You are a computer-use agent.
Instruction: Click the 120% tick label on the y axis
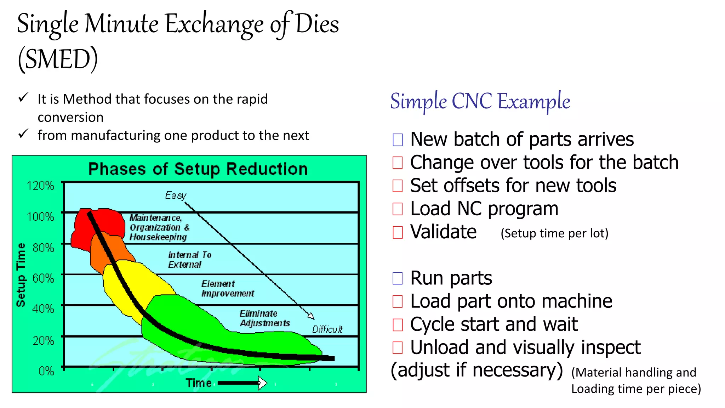point(41,186)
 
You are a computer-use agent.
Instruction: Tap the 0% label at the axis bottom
point(46,371)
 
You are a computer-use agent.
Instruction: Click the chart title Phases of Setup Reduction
point(198,169)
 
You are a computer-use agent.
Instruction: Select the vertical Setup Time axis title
point(21,275)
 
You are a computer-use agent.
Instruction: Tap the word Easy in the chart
point(176,195)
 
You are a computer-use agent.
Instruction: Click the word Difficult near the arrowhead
point(327,330)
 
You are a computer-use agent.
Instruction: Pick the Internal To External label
point(189,260)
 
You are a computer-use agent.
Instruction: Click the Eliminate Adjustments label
point(264,318)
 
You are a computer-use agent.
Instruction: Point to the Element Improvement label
point(228,289)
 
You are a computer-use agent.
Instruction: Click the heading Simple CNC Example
point(480,101)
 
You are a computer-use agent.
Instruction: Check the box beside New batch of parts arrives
point(398,140)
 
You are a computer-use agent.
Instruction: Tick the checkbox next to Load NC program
point(398,209)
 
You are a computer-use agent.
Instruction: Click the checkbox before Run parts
point(398,278)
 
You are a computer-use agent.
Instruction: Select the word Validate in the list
point(443,232)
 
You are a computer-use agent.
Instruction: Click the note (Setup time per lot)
point(554,233)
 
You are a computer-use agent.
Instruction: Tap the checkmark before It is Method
point(23,97)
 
